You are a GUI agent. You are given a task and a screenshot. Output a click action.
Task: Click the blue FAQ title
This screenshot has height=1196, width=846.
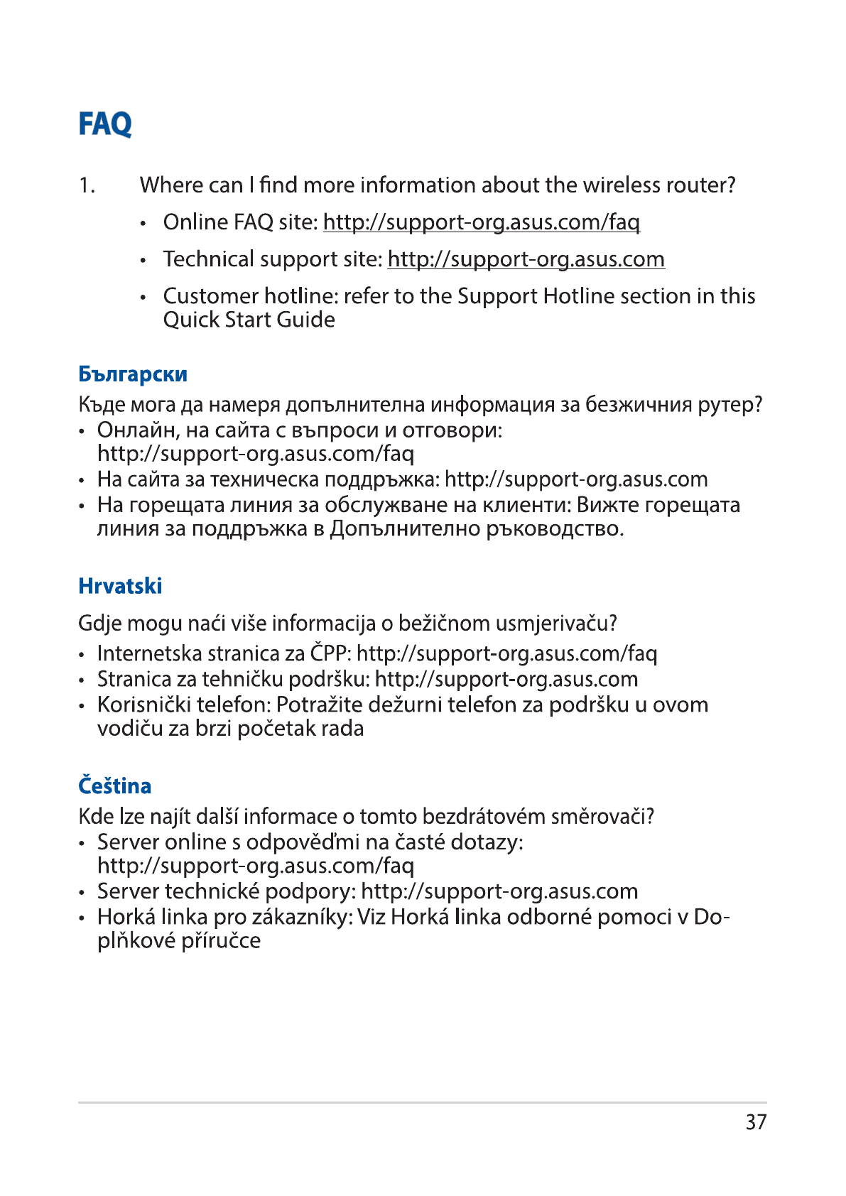pyautogui.click(x=105, y=124)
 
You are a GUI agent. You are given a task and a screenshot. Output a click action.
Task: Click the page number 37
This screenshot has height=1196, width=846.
pyautogui.click(x=756, y=1122)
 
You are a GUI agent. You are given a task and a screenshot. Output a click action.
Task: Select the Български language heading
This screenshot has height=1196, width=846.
pyautogui.click(x=133, y=374)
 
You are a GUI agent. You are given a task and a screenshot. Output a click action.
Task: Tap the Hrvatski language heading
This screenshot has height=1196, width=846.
pyautogui.click(x=120, y=586)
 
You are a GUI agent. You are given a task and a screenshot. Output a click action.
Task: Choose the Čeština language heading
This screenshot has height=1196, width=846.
pyautogui.click(x=114, y=786)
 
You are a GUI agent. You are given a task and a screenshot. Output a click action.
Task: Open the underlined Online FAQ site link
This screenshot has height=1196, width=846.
pyautogui.click(x=482, y=222)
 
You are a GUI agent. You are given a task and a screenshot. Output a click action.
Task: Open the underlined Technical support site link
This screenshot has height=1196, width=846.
pyautogui.click(x=526, y=259)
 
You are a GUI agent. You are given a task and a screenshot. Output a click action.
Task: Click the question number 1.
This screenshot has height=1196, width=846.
pyautogui.click(x=87, y=185)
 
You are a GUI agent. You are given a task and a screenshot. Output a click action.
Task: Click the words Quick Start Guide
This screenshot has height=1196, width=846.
pyautogui.click(x=249, y=320)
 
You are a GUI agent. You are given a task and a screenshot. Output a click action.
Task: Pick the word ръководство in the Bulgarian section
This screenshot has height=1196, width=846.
pyautogui.click(x=554, y=529)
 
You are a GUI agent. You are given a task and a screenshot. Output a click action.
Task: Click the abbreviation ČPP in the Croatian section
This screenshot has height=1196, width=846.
pyautogui.click(x=330, y=653)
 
